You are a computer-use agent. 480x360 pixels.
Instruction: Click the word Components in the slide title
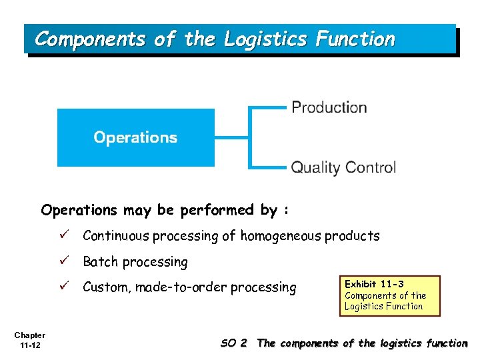89,39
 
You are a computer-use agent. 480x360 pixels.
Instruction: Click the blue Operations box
136,137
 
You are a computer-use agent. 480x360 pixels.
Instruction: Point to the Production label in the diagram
329,107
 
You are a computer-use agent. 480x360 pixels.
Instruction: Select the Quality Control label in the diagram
343,167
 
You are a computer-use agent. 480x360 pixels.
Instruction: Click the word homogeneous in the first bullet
281,236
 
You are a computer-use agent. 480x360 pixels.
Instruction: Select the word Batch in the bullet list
99,262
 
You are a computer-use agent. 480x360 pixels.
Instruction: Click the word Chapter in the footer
30,335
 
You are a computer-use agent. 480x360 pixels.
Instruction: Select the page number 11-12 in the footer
30,345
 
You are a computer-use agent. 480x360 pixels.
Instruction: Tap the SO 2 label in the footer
233,343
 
